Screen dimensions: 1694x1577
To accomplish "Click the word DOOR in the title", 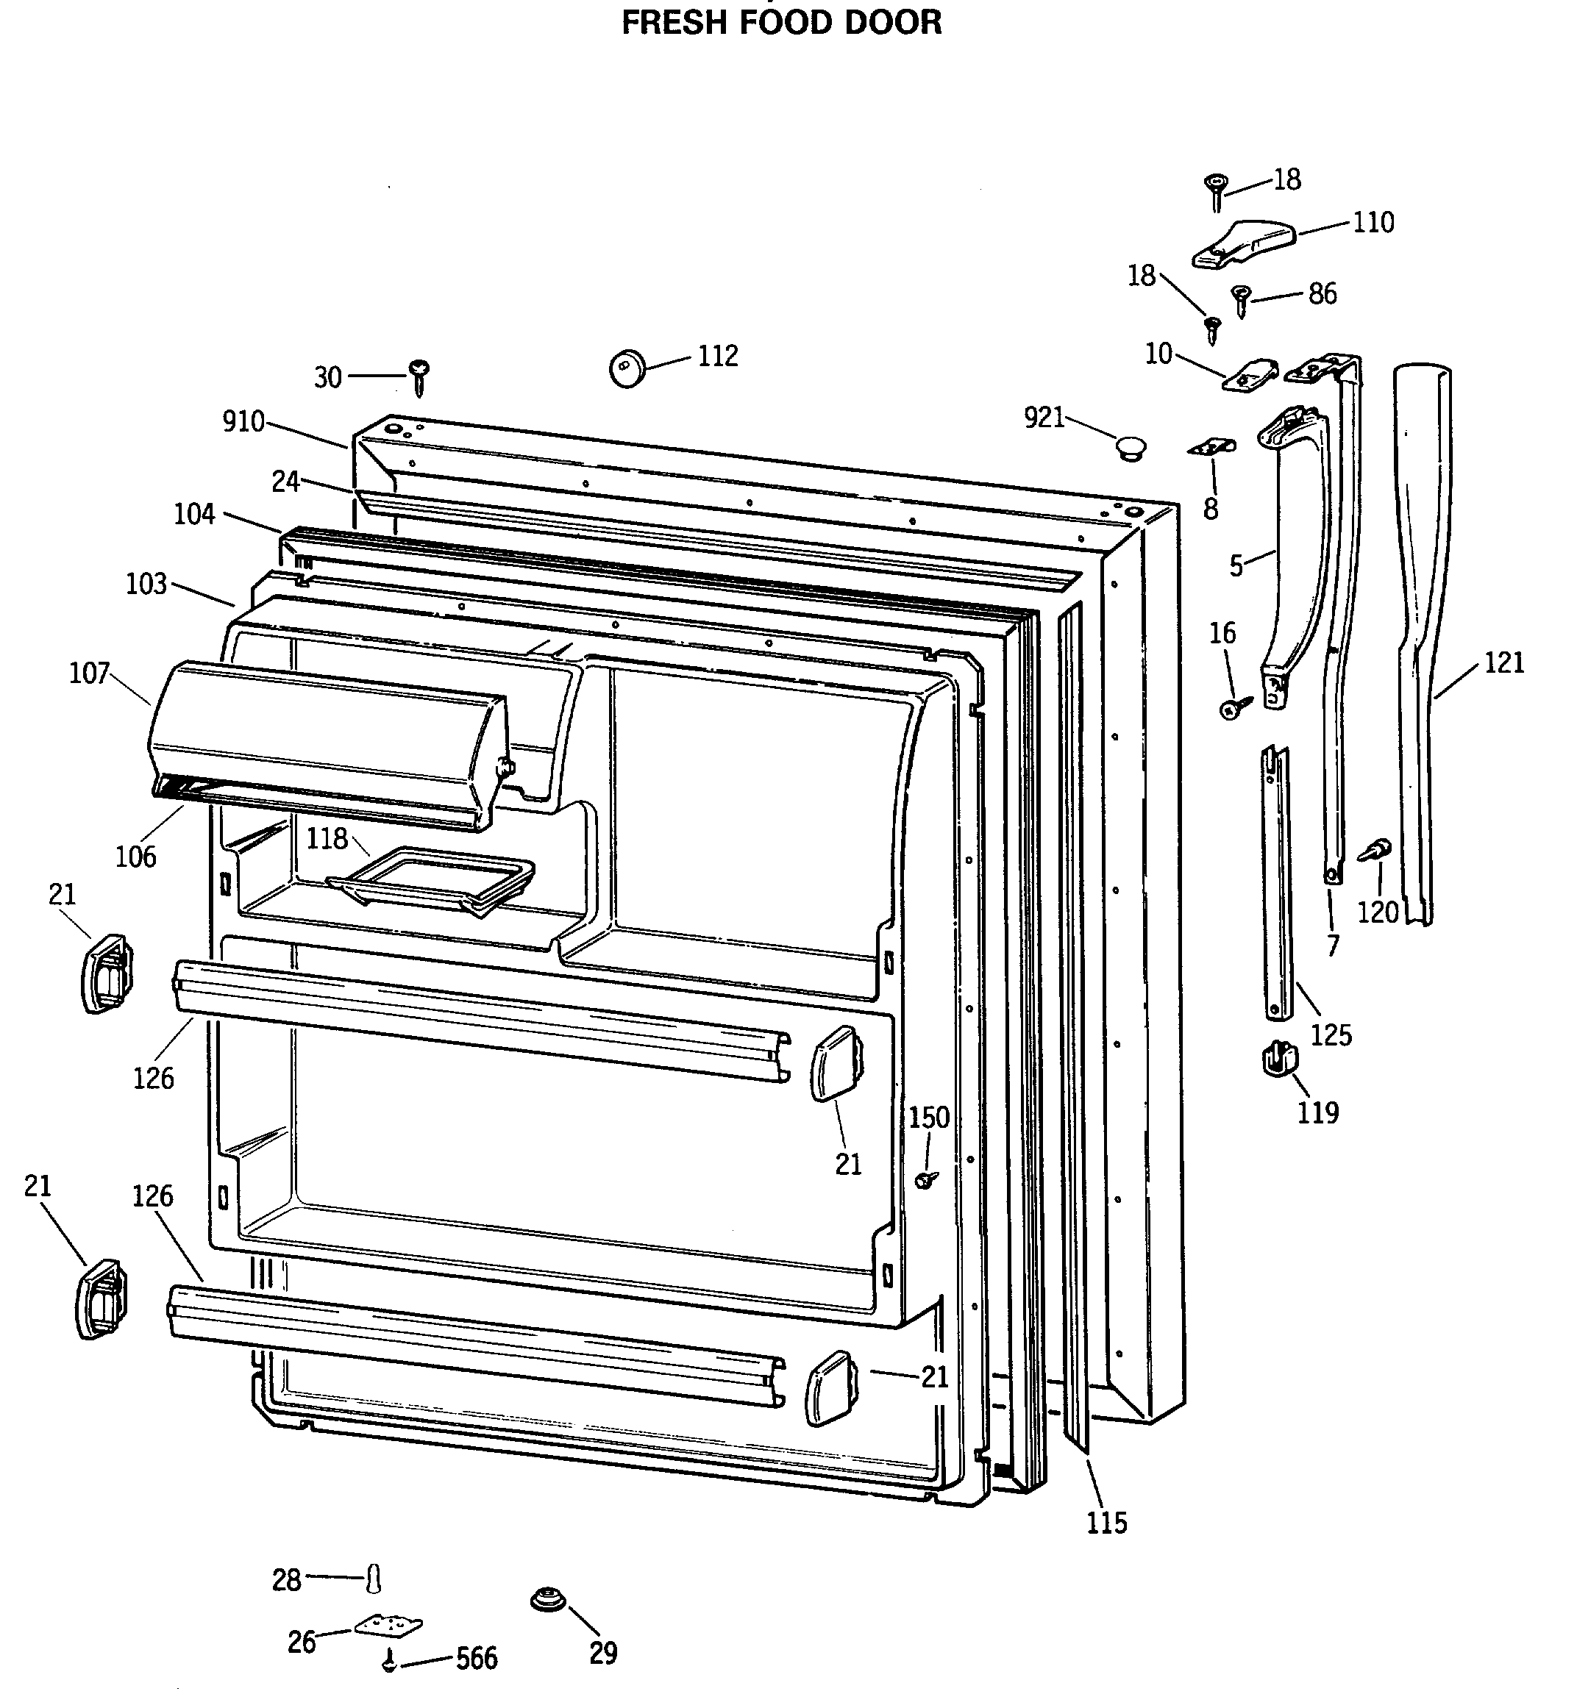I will [892, 22].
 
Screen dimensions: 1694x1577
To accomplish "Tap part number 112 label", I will [717, 356].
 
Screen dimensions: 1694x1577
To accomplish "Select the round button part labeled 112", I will [627, 369].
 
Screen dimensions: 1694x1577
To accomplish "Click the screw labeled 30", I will [419, 375].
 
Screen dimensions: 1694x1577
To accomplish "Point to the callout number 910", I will [243, 422].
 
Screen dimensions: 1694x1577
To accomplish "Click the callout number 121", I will [1503, 662].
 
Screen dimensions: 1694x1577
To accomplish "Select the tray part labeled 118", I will [430, 879].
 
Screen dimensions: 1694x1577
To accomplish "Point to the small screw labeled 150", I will [926, 1179].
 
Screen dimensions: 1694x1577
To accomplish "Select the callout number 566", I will [477, 1658].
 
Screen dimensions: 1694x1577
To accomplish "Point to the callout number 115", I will [1106, 1522].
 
